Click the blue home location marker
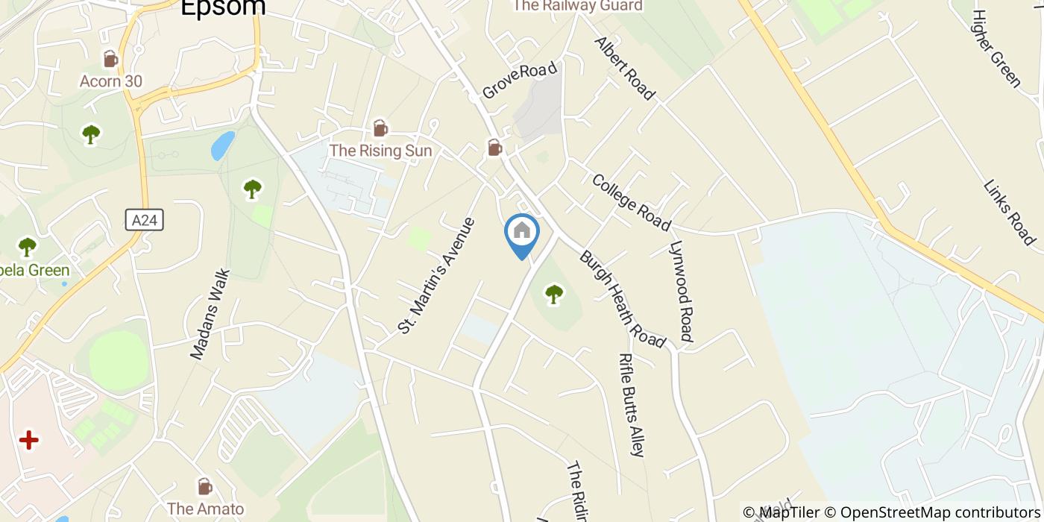click(522, 232)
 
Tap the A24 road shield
click(144, 220)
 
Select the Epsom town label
click(223, 7)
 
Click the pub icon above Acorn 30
click(110, 59)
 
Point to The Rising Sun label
click(380, 151)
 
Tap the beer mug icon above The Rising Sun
click(380, 128)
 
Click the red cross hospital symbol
click(29, 440)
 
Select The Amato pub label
click(205, 509)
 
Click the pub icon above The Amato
click(204, 487)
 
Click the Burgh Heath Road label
click(622, 299)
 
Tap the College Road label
click(631, 202)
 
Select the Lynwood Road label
click(682, 291)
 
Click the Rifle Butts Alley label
click(631, 404)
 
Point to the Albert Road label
click(624, 68)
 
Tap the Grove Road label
click(520, 81)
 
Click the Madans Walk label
click(210, 314)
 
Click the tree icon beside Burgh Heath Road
click(553, 295)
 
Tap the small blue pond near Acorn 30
click(222, 145)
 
